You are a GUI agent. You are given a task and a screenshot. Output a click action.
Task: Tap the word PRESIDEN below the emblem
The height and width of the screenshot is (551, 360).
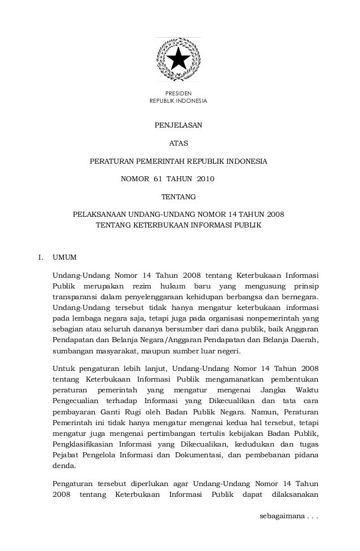click(x=178, y=93)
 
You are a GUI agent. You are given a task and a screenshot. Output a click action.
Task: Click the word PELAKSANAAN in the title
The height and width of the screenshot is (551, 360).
click(x=99, y=215)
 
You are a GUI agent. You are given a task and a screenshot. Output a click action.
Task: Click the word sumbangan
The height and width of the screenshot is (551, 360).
click(x=72, y=351)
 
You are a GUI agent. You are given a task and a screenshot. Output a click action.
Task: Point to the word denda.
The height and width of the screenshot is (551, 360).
click(x=63, y=466)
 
